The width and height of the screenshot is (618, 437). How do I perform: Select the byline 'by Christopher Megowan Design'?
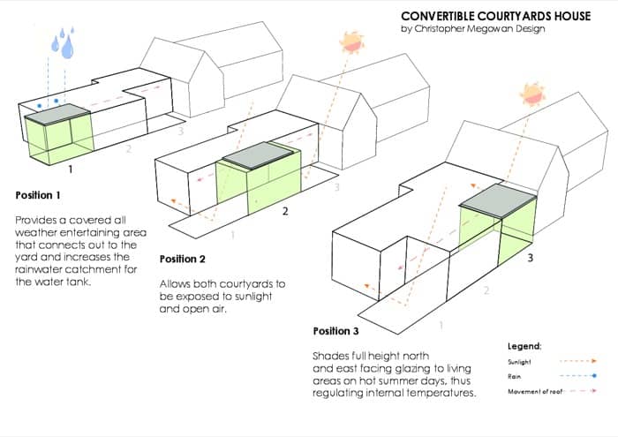click(472, 29)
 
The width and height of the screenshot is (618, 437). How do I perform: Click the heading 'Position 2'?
click(184, 259)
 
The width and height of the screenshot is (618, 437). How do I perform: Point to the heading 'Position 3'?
click(337, 331)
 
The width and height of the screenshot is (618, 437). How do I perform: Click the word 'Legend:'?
click(524, 346)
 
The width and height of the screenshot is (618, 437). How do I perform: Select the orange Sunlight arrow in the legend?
click(577, 361)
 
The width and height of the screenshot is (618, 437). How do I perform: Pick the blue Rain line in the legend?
click(577, 375)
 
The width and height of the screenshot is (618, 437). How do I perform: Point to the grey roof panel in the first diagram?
click(57, 112)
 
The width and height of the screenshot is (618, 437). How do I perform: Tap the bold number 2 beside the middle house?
click(285, 212)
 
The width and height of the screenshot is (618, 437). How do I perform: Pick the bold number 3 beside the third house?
click(530, 258)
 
